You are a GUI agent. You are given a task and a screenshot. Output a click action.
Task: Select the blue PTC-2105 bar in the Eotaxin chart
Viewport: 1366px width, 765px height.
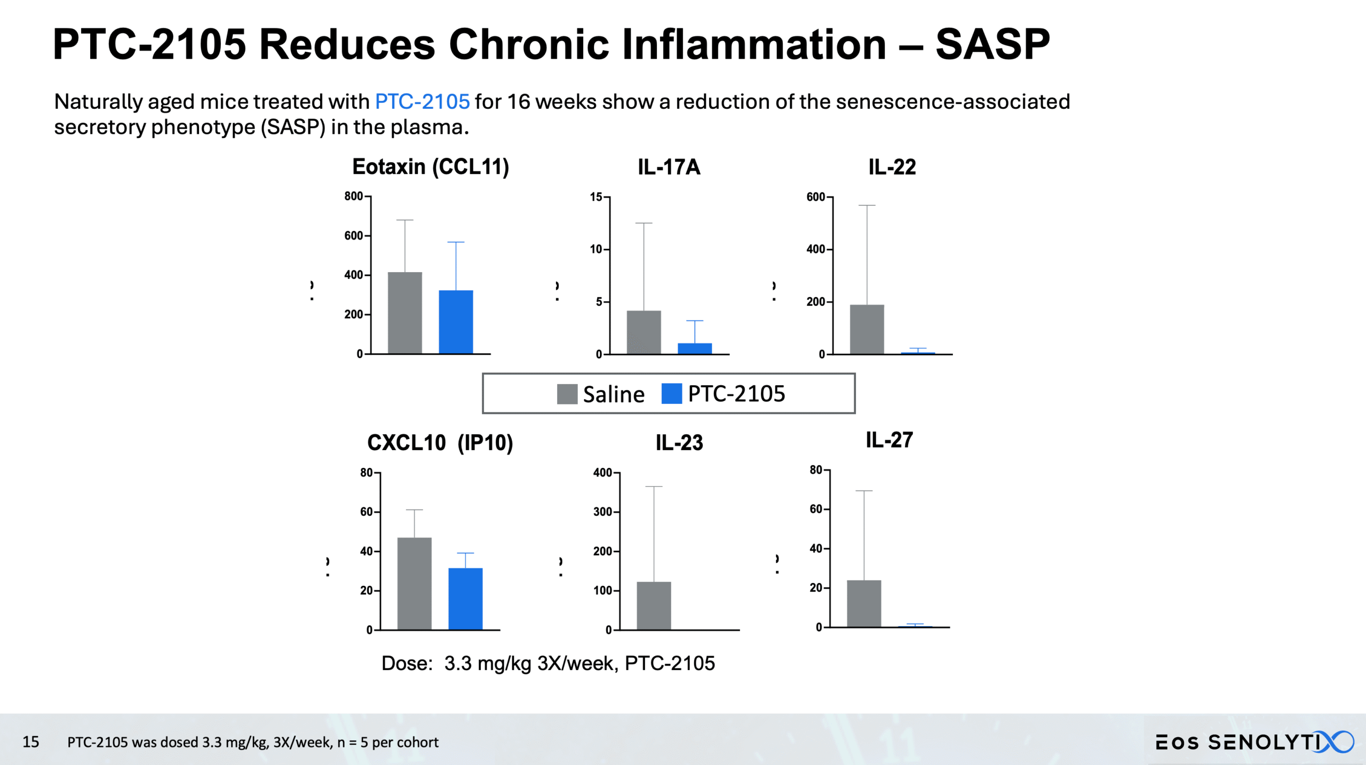[x=456, y=322]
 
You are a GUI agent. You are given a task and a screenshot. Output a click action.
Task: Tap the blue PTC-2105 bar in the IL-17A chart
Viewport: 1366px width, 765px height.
[x=695, y=348]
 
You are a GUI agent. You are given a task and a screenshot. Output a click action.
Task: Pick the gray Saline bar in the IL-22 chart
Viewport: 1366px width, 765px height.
[x=867, y=329]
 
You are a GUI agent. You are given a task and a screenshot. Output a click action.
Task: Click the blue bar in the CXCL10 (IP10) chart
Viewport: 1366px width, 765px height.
[x=465, y=599]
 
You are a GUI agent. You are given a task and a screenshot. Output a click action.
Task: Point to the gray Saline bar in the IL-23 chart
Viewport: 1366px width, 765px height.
[x=654, y=605]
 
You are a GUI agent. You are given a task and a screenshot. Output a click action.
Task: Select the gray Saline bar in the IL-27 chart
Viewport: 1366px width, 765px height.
[x=864, y=603]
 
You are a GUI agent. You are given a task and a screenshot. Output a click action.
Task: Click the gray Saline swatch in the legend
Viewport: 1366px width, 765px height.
[x=567, y=394]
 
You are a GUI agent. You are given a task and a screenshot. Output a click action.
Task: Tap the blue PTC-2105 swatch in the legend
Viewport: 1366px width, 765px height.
[x=671, y=394]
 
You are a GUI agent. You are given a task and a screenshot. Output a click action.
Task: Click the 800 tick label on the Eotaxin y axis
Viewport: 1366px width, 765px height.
[x=353, y=196]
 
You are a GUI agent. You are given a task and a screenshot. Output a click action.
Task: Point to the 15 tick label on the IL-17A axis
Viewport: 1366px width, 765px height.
[x=595, y=197]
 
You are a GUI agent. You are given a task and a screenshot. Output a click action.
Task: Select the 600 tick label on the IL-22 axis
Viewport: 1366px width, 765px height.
[x=815, y=197]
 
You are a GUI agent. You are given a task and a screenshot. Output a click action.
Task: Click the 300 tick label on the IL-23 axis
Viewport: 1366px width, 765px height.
[x=602, y=512]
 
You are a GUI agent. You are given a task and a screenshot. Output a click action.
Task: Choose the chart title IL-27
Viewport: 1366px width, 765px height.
[x=889, y=440]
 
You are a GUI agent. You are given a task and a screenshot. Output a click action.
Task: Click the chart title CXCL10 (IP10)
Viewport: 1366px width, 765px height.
[x=440, y=443]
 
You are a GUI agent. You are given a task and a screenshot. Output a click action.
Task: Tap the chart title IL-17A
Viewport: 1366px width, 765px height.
[x=669, y=167]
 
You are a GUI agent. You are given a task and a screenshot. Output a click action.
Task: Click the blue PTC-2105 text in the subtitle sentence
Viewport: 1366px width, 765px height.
[x=422, y=101]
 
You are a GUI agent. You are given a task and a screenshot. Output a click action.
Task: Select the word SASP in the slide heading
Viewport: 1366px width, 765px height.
[x=992, y=44]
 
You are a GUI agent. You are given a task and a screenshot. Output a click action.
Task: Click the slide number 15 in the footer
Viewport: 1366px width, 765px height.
[x=30, y=742]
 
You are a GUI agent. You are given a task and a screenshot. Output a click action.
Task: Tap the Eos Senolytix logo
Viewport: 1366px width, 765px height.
[x=1254, y=742]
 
